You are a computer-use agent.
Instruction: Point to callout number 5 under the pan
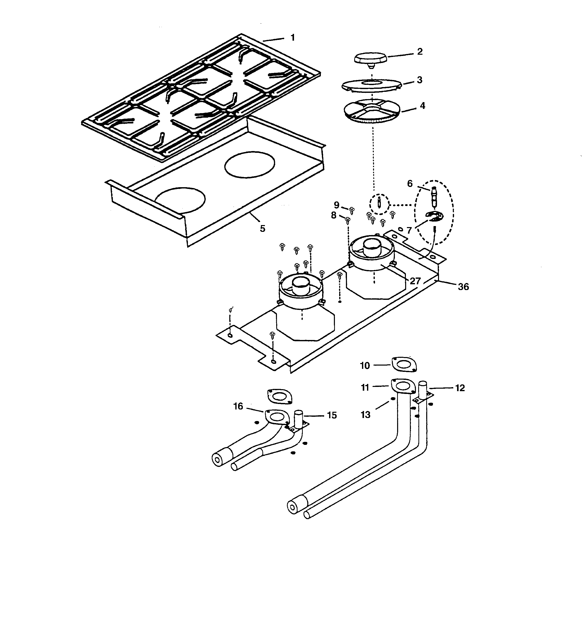click(262, 229)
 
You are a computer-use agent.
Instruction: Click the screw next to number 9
click(352, 210)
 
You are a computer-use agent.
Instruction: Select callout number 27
click(415, 281)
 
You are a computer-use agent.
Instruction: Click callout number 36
click(463, 287)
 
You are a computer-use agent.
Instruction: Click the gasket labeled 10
click(404, 365)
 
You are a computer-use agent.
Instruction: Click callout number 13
click(365, 415)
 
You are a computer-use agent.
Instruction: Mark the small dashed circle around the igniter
click(379, 204)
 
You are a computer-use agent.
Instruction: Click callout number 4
click(422, 106)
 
